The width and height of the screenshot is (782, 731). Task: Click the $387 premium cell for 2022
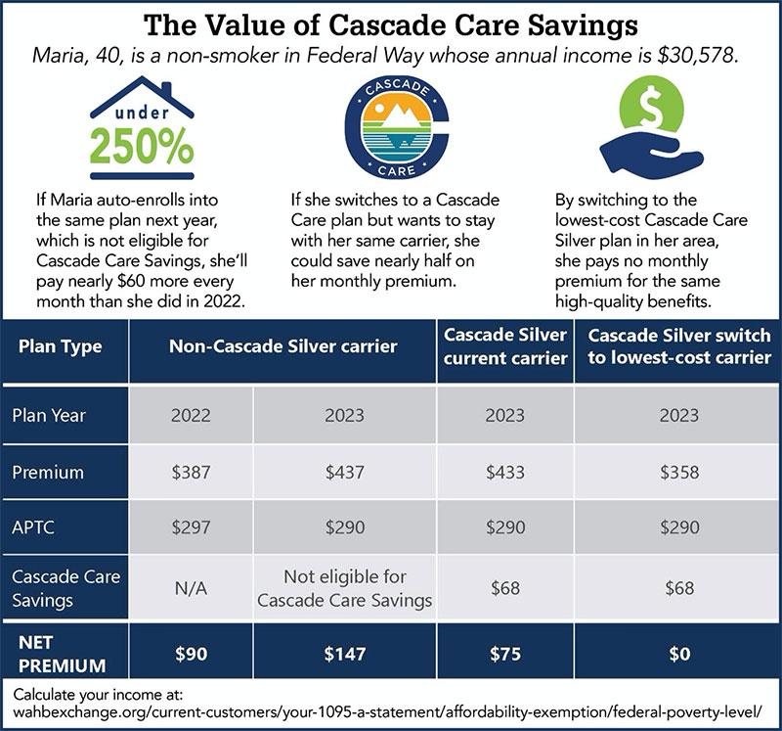click(191, 472)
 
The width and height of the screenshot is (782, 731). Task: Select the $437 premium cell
click(344, 472)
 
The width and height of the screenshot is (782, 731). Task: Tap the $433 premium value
click(504, 472)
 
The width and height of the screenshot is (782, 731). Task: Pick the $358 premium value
click(679, 472)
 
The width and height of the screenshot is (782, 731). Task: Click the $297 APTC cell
click(191, 527)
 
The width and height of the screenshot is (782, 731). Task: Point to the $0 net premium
click(679, 654)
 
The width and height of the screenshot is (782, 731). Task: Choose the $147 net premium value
click(344, 654)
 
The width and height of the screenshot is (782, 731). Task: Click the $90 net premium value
click(191, 654)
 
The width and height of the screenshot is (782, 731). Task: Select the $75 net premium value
click(504, 654)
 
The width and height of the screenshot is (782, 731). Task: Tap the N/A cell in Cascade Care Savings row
click(191, 588)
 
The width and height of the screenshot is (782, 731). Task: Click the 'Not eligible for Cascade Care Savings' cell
click(344, 588)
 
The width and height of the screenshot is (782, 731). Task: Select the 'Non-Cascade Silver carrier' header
click(282, 346)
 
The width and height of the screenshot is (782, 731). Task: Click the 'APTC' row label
click(33, 527)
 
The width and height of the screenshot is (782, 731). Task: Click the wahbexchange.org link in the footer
click(386, 711)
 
